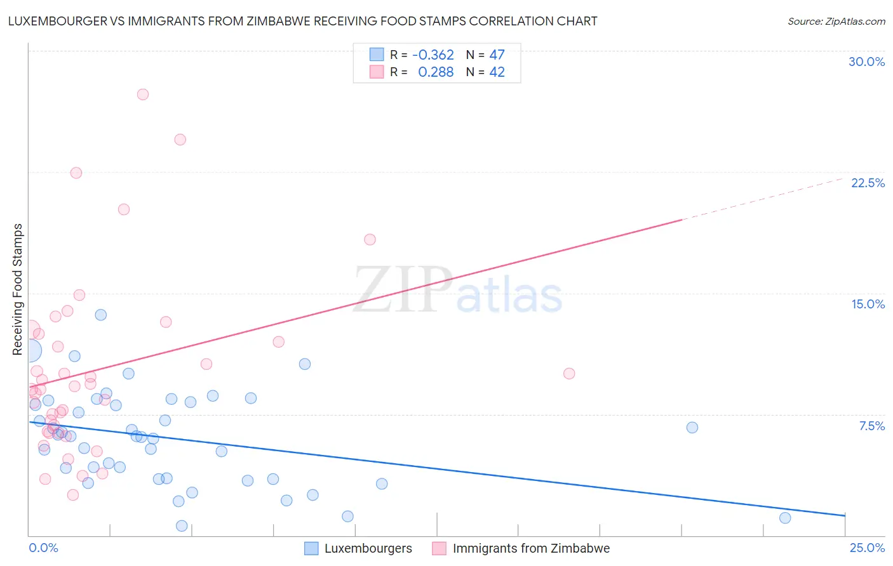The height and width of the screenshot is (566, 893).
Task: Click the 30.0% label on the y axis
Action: click(866, 62)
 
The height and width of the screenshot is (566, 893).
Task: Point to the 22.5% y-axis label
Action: click(868, 183)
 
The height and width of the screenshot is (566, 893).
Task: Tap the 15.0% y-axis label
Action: click(868, 304)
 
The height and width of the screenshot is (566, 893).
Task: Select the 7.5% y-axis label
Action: click(871, 426)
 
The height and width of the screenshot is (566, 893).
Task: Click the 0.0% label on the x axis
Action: click(43, 548)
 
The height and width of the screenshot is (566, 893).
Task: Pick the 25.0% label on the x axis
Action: click(867, 548)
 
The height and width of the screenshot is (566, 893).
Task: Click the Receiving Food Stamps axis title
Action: click(17, 289)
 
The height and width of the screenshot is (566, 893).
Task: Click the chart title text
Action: click(302, 21)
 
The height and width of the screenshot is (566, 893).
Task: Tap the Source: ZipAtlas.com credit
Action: click(836, 21)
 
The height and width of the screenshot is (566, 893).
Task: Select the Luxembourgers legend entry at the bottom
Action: click(368, 548)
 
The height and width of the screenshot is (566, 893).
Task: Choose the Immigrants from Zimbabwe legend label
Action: click(530, 548)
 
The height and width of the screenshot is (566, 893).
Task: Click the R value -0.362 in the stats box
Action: click(433, 55)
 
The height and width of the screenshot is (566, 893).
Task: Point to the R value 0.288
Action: click(436, 72)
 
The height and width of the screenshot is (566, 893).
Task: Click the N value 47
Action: click(497, 55)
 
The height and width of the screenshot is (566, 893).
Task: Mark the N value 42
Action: click(497, 72)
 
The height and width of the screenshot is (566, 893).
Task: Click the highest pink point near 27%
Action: click(143, 95)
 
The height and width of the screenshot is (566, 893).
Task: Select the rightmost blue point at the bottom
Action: click(785, 518)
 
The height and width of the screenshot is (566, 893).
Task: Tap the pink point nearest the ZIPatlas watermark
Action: click(370, 239)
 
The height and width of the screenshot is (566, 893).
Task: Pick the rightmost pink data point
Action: click(569, 374)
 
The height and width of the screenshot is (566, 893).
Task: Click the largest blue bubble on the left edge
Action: click(30, 350)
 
